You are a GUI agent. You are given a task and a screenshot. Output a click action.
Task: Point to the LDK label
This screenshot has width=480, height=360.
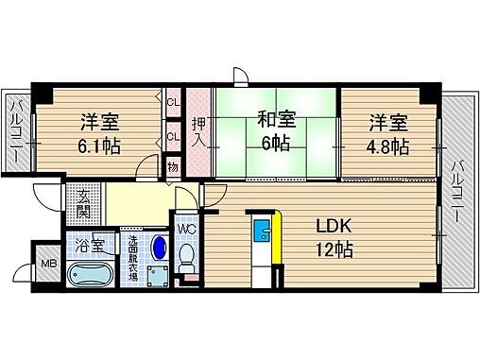(333, 227)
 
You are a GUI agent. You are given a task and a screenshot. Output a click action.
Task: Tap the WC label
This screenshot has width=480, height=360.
(186, 230)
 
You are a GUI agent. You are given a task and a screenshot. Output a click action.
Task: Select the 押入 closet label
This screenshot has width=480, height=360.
(198, 130)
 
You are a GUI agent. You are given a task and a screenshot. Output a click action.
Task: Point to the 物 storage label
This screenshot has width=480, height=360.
(173, 168)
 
